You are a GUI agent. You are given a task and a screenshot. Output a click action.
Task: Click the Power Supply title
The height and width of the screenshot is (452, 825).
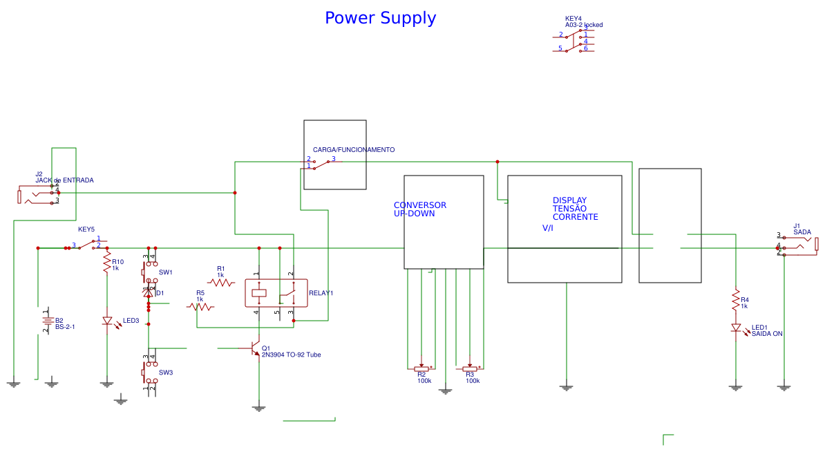[380, 18]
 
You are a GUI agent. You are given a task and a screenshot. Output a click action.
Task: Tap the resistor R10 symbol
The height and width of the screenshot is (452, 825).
[106, 263]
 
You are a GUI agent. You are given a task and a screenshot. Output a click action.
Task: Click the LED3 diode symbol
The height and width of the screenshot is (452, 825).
[107, 321]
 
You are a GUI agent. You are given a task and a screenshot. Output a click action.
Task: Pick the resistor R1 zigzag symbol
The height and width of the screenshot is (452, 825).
[221, 282]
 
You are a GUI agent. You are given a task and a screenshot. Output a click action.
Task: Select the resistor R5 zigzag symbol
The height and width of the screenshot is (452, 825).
[200, 306]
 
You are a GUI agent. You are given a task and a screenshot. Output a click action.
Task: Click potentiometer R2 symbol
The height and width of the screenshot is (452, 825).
[421, 369]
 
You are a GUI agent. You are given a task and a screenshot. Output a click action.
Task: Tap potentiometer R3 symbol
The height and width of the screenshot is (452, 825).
[470, 369]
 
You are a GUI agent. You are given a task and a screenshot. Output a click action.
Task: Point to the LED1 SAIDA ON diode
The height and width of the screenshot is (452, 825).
[736, 328]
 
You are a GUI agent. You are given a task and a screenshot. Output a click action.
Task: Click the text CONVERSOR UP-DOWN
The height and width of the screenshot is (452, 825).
[419, 209]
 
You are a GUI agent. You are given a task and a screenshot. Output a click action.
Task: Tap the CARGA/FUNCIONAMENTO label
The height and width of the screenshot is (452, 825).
[354, 150]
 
